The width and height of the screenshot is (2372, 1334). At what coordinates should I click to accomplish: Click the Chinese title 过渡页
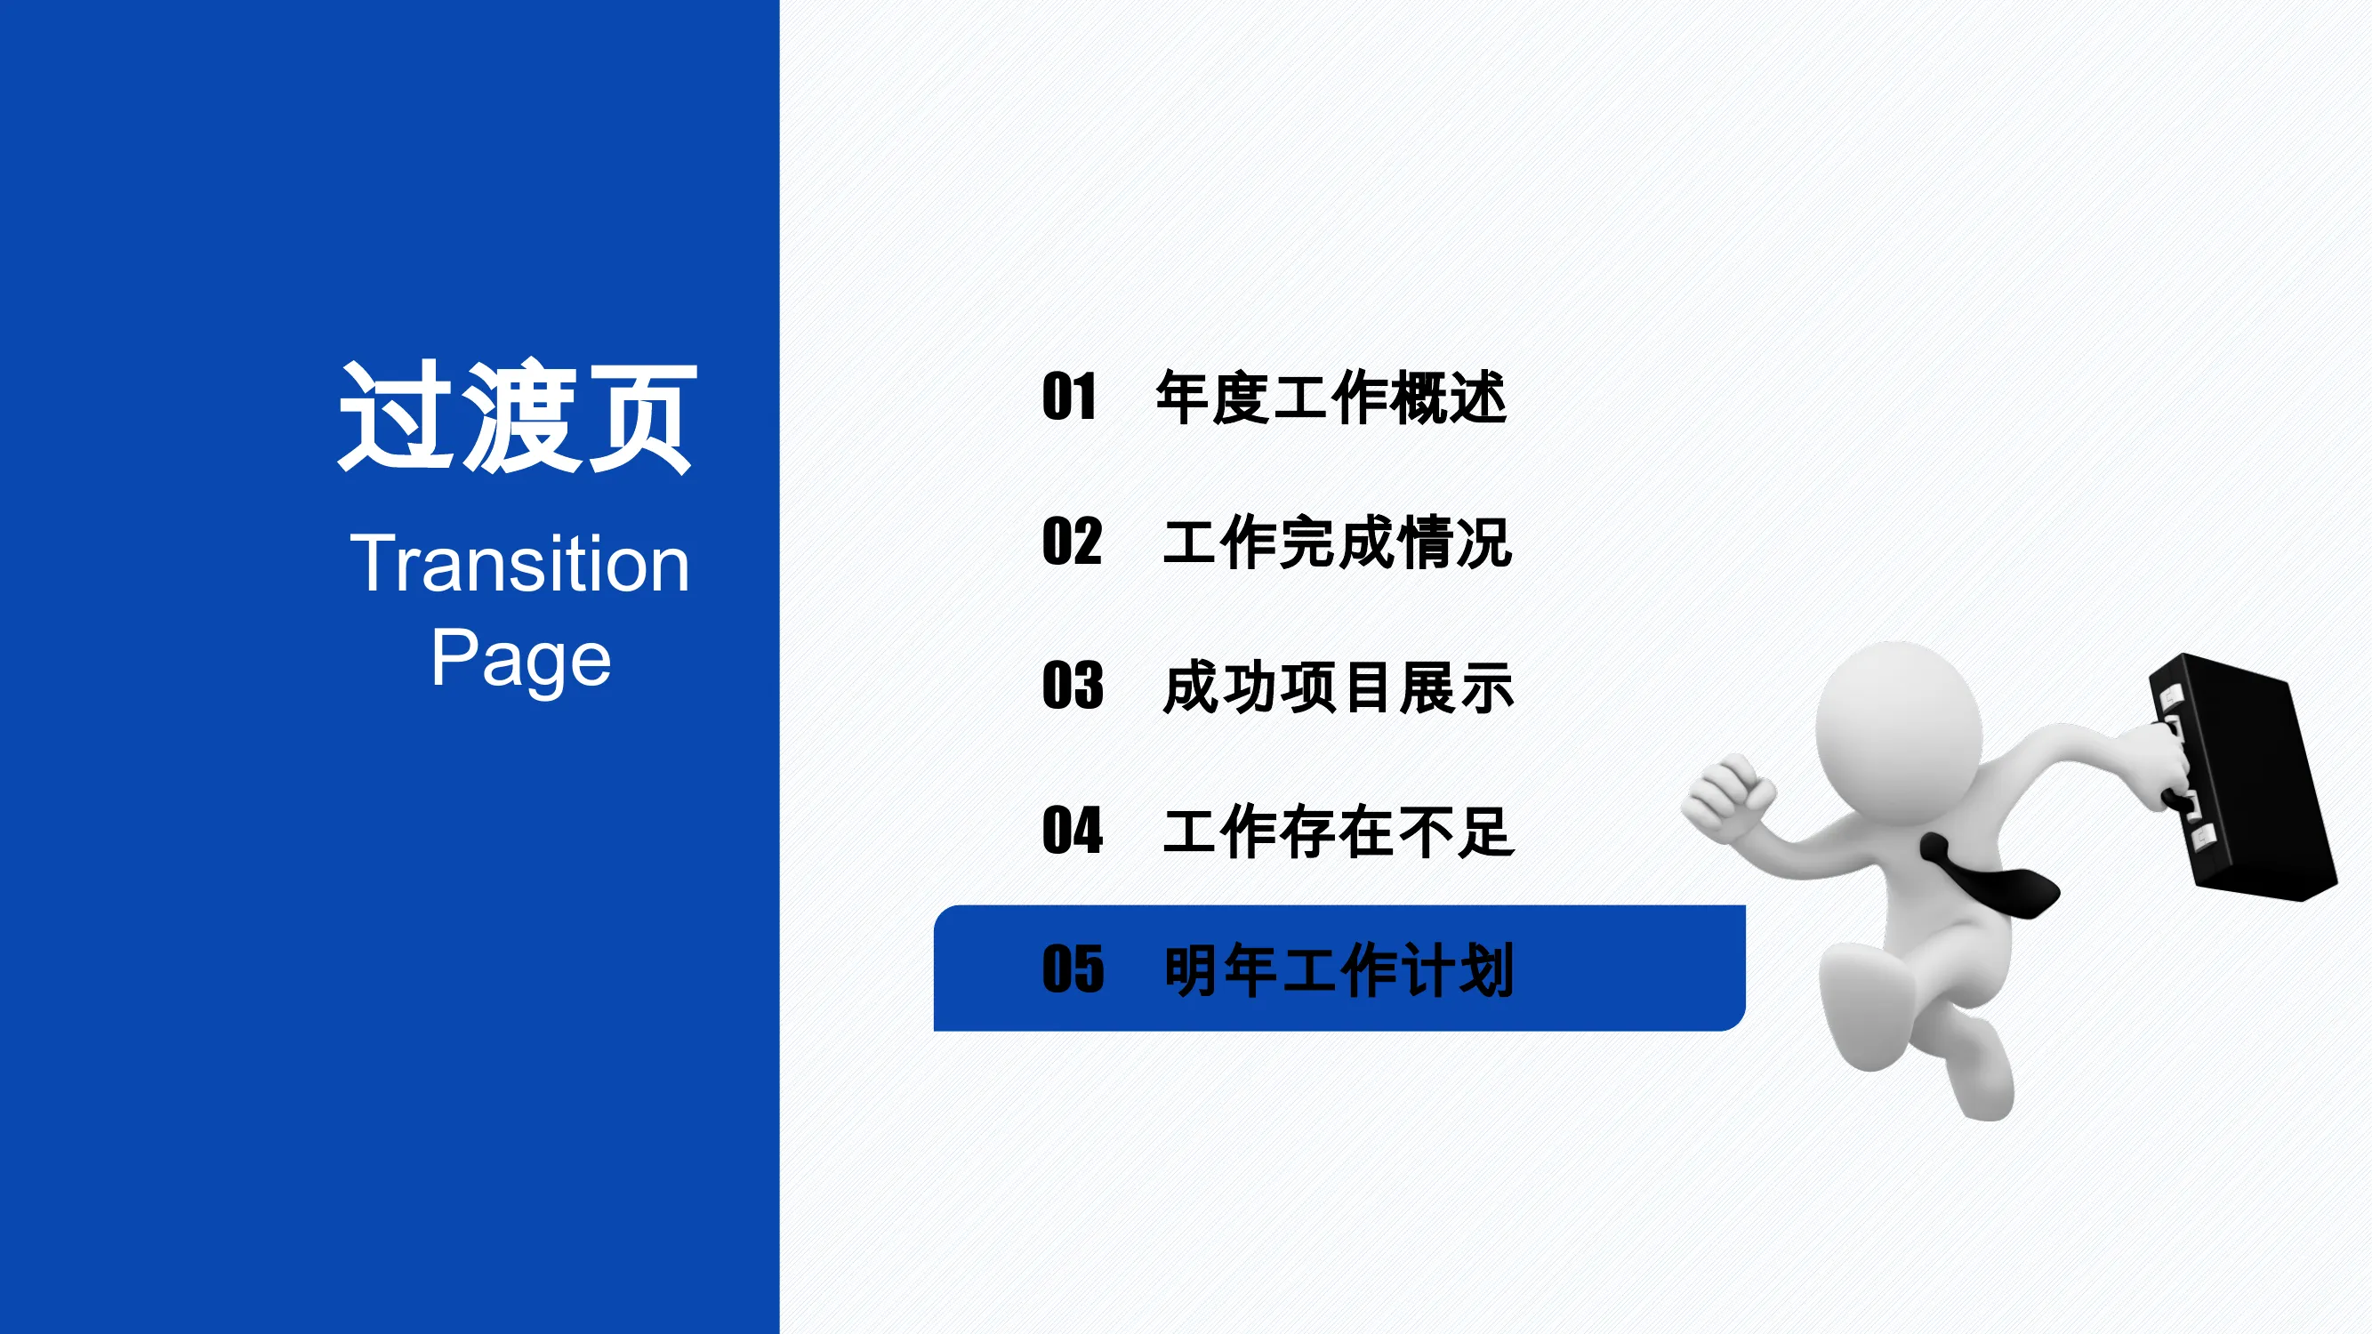coord(518,417)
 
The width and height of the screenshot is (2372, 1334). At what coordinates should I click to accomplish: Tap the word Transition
coord(520,564)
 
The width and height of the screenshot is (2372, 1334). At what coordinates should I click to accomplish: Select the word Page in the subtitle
coord(521,659)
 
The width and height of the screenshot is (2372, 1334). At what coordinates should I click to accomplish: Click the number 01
coord(1069,397)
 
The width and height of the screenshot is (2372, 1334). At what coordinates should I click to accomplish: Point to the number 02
coord(1072,542)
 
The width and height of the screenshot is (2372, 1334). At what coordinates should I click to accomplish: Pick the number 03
coord(1073,686)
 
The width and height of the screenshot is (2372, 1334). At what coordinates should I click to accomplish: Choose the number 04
coord(1073,831)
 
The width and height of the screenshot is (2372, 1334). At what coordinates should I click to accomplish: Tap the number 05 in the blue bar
coord(1073,969)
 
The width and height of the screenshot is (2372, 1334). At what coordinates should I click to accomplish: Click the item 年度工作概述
coord(1331,398)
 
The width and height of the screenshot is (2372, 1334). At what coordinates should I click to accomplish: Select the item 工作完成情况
coord(1338,542)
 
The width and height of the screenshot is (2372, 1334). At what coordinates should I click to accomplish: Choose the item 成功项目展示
coord(1338,687)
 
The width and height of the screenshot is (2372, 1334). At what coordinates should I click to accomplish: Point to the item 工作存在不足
coord(1339,832)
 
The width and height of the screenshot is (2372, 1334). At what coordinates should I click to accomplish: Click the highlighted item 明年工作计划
coord(1339,970)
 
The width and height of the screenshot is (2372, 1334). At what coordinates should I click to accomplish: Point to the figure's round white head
coord(1899,727)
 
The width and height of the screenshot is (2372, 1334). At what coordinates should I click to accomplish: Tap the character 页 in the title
coord(642,417)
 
